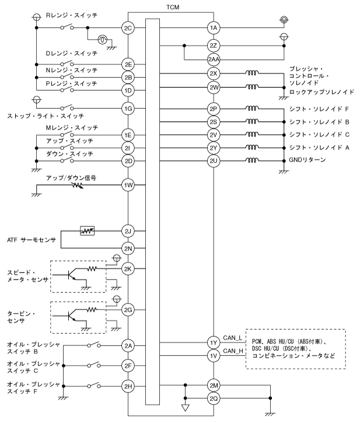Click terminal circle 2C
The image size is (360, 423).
(128, 27)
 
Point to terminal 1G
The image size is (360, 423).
(128, 109)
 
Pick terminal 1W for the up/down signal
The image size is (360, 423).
(128, 186)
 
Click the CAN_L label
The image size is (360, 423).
(232, 337)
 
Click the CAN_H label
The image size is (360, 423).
(232, 351)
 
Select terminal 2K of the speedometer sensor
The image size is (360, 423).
(128, 269)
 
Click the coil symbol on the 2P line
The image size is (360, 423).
(253, 109)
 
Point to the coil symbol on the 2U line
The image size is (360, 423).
(253, 160)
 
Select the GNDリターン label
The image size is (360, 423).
(308, 160)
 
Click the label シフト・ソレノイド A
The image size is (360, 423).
(319, 148)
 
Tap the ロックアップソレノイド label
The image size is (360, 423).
(321, 92)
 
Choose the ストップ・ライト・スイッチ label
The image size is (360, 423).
(39, 116)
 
